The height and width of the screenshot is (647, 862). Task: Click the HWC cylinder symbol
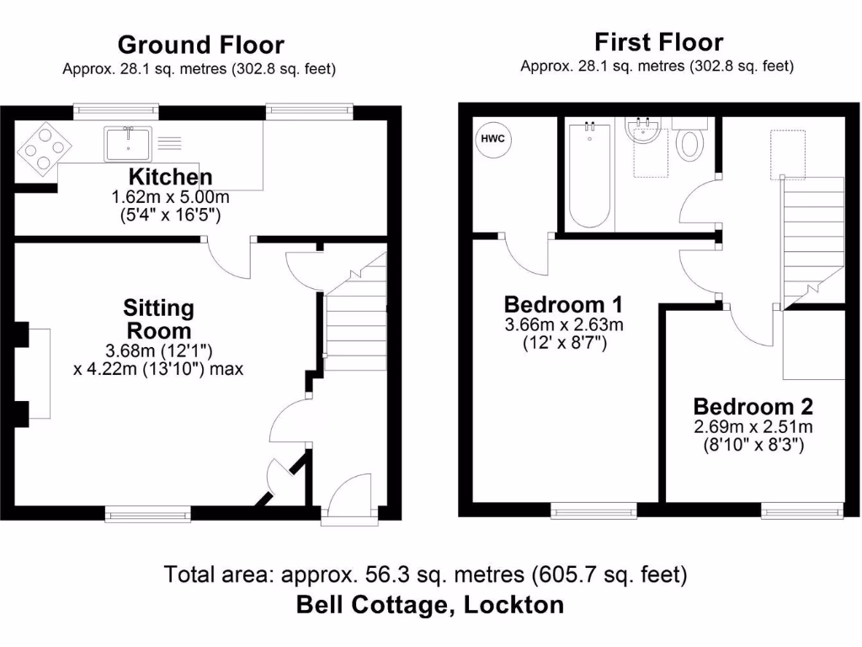pyautogui.click(x=493, y=139)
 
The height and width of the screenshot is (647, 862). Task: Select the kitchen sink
pyautogui.click(x=128, y=143)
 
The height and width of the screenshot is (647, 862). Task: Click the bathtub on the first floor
pyautogui.click(x=588, y=174)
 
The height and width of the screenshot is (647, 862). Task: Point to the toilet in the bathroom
pyautogui.click(x=690, y=144)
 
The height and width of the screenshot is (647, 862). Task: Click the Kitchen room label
pyautogui.click(x=170, y=177)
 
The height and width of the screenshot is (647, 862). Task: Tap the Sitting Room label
pyautogui.click(x=158, y=319)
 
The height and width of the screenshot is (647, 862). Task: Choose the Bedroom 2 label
pyautogui.click(x=753, y=407)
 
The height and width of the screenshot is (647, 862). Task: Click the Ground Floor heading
pyautogui.click(x=200, y=44)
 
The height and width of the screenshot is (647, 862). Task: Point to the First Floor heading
pyautogui.click(x=658, y=41)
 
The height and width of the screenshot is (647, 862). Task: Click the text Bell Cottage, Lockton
pyautogui.click(x=430, y=604)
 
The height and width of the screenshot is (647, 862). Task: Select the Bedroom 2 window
pyautogui.click(x=802, y=509)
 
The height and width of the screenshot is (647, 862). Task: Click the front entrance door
pyautogui.click(x=345, y=509)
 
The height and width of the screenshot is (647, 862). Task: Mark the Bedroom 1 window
pyautogui.click(x=593, y=509)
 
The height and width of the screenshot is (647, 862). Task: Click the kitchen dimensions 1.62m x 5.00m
pyautogui.click(x=171, y=197)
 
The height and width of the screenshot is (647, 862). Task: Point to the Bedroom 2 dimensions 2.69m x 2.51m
pyautogui.click(x=753, y=426)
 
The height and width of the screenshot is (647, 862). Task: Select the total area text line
pyautogui.click(x=426, y=575)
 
